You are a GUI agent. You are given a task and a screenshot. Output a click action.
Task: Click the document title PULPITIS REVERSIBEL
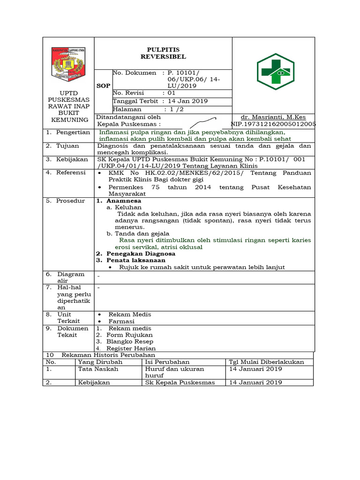click(x=163, y=53)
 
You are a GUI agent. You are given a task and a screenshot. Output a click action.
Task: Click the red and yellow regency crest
click(x=69, y=63)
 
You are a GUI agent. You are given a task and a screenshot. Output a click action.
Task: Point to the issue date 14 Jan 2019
click(x=187, y=101)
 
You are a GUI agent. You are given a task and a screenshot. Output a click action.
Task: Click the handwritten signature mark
click(x=202, y=122)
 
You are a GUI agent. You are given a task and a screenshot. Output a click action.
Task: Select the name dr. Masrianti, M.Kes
click(x=273, y=117)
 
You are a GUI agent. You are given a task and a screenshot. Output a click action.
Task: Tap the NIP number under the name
click(x=273, y=124)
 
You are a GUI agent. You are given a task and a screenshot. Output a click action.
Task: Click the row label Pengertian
click(x=73, y=133)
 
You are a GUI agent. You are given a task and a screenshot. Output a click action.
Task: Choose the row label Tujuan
click(x=67, y=146)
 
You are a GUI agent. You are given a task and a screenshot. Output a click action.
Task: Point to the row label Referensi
click(x=71, y=172)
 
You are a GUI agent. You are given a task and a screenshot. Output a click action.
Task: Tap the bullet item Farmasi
click(x=121, y=322)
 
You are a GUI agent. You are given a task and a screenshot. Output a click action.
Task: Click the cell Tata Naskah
click(x=98, y=369)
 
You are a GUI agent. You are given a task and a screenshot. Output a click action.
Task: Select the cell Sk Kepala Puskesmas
click(x=180, y=382)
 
